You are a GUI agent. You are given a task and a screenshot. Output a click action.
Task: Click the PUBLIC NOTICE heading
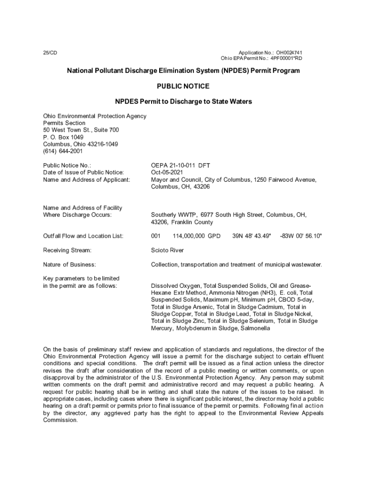pos(183,86)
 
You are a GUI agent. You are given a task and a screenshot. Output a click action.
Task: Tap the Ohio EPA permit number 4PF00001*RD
pos(286,58)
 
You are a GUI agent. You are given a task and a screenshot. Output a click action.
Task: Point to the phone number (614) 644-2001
pos(63,151)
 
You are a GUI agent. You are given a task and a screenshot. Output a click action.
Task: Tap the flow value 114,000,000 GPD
pos(196,236)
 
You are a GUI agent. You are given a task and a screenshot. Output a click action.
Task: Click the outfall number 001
pos(156,236)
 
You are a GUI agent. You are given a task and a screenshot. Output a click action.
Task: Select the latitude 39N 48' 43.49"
pos(252,236)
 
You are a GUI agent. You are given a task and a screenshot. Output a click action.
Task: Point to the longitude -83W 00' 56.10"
pos(301,236)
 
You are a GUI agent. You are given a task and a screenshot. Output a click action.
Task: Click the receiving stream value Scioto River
pos(167,250)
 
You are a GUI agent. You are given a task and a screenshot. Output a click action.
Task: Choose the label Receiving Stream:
pos(67,250)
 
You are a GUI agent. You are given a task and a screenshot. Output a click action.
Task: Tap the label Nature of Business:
pos(70,264)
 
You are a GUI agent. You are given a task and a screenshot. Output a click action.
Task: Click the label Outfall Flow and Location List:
pos(83,236)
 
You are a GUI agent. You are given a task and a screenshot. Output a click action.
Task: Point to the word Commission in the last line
pos(60,420)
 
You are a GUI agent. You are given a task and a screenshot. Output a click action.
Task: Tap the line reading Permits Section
pos(64,123)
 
